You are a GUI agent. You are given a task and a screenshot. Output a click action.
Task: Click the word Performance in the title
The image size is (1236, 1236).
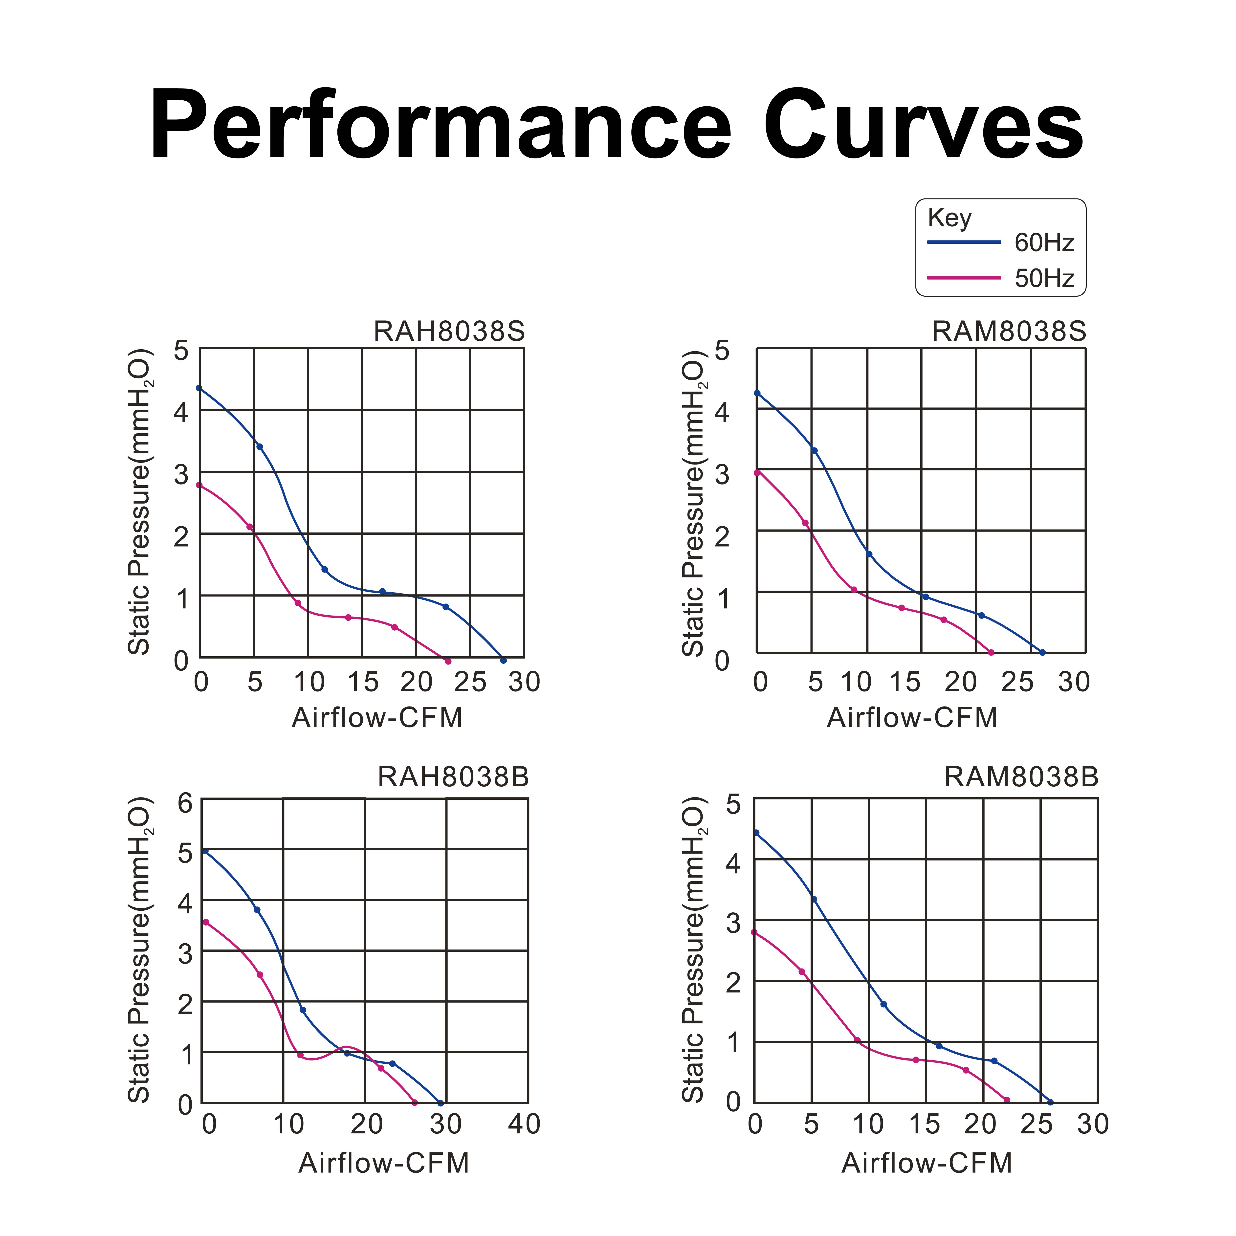click(440, 125)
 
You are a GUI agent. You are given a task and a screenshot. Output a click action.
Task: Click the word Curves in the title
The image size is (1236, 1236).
click(923, 125)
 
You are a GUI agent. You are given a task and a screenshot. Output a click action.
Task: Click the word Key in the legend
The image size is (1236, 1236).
click(949, 218)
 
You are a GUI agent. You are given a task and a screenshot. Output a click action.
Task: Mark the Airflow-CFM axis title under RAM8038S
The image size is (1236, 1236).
click(912, 718)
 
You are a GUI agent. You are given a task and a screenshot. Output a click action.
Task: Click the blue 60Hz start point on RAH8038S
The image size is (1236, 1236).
click(199, 388)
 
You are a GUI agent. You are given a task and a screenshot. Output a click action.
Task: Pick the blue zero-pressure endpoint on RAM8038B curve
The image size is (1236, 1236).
click(1050, 1102)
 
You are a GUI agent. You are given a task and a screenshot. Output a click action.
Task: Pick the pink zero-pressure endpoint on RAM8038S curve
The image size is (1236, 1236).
click(991, 653)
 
